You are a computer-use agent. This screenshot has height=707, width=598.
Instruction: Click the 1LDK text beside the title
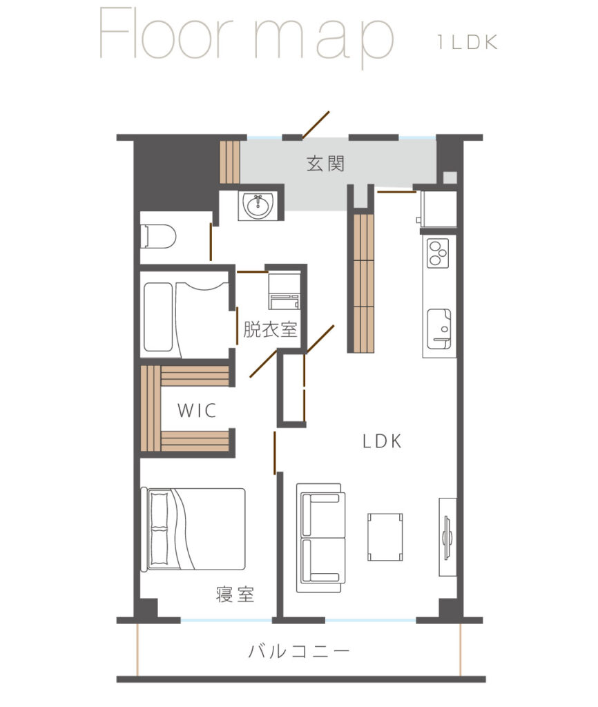(467, 42)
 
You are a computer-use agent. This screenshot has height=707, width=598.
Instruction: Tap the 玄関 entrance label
(326, 164)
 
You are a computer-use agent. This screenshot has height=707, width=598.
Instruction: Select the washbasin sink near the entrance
(258, 206)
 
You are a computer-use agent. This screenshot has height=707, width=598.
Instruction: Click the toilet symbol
(159, 236)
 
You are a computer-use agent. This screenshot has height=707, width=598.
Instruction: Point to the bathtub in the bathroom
(158, 316)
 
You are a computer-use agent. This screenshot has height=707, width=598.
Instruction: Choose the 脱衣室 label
(270, 329)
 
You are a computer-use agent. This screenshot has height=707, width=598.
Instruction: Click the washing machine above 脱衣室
(284, 291)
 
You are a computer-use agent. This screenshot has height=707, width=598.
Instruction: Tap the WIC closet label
(197, 410)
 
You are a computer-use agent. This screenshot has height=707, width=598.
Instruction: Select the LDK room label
(382, 441)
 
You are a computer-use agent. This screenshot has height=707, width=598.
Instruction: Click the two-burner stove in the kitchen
(438, 253)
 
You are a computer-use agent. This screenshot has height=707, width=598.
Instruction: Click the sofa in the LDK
(321, 538)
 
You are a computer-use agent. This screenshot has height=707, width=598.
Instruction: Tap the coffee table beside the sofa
(385, 536)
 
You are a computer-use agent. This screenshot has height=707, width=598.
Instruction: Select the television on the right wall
(447, 537)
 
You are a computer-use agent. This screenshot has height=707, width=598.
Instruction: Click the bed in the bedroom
(193, 529)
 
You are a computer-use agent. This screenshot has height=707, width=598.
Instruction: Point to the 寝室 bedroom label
(235, 594)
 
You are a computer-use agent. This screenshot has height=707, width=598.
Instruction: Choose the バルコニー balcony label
(298, 651)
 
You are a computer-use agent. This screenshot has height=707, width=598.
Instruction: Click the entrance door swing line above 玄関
(316, 125)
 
